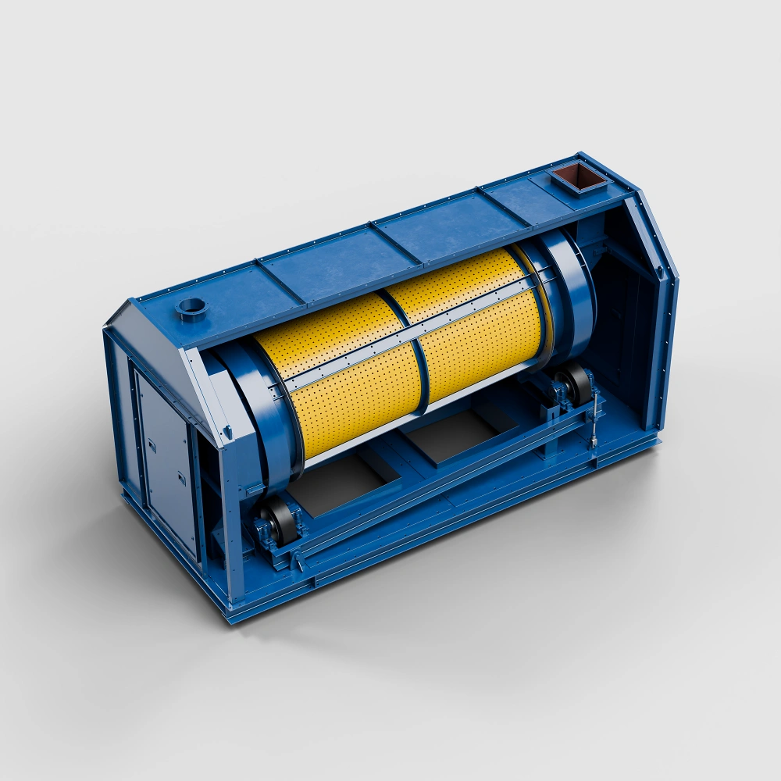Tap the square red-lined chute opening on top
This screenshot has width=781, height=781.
coord(580,176)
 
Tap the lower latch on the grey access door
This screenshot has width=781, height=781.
coord(181,478)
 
